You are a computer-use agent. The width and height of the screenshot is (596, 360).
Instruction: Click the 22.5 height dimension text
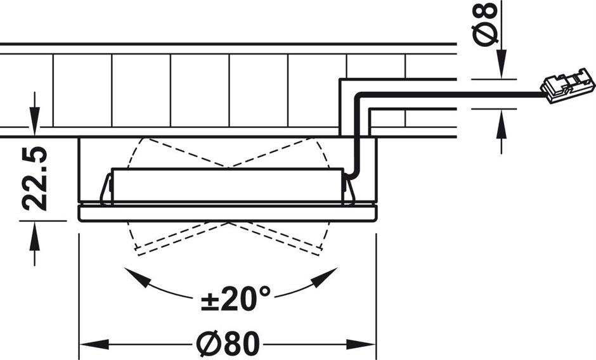point(36,178)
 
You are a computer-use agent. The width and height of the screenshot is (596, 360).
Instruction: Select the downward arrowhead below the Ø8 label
point(502,70)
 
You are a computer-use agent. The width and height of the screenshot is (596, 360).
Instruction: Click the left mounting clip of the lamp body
point(106,190)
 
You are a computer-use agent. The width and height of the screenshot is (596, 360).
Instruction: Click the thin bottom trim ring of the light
point(228,214)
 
